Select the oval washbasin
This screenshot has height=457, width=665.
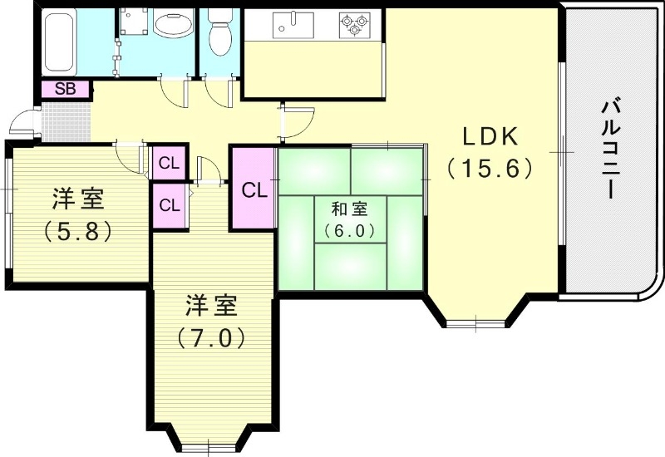point(172,26)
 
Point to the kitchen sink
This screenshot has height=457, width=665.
point(290,26)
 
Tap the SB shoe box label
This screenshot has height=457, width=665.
point(66,89)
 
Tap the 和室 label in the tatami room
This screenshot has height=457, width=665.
point(348,209)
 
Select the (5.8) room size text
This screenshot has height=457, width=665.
point(77,231)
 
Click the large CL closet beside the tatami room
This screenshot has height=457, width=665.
point(254,189)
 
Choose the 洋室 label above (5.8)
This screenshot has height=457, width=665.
point(77,199)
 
